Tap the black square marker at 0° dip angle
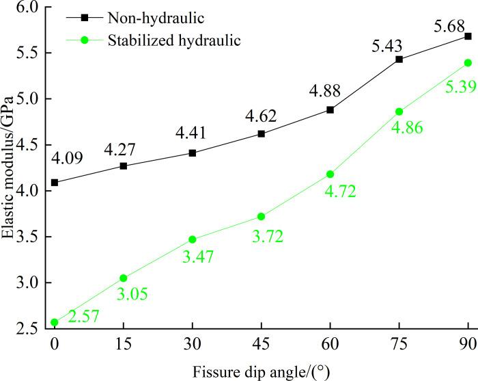coord(54,183)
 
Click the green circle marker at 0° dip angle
coord(54,322)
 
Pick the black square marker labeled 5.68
coord(468,36)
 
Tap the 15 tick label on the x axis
coord(123,342)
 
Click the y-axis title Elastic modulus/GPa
coord(10,169)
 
